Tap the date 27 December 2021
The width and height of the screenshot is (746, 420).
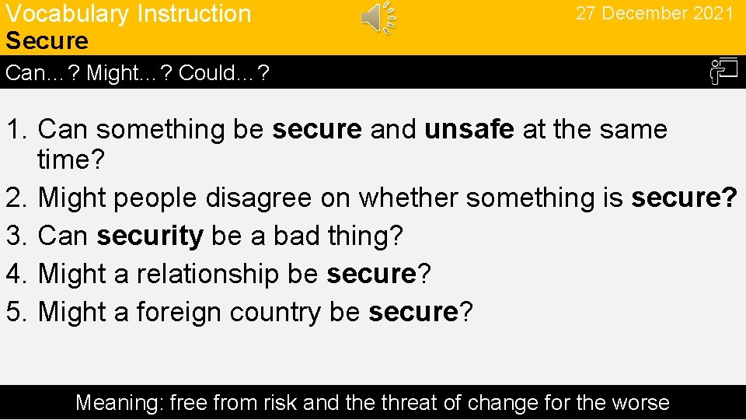point(654,14)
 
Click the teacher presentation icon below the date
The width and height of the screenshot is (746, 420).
point(723,72)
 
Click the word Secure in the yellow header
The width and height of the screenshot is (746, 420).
point(47,40)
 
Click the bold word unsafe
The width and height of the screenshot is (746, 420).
point(469,129)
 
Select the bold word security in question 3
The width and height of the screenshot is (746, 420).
point(150,236)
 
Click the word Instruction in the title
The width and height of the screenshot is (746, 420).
point(193,14)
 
